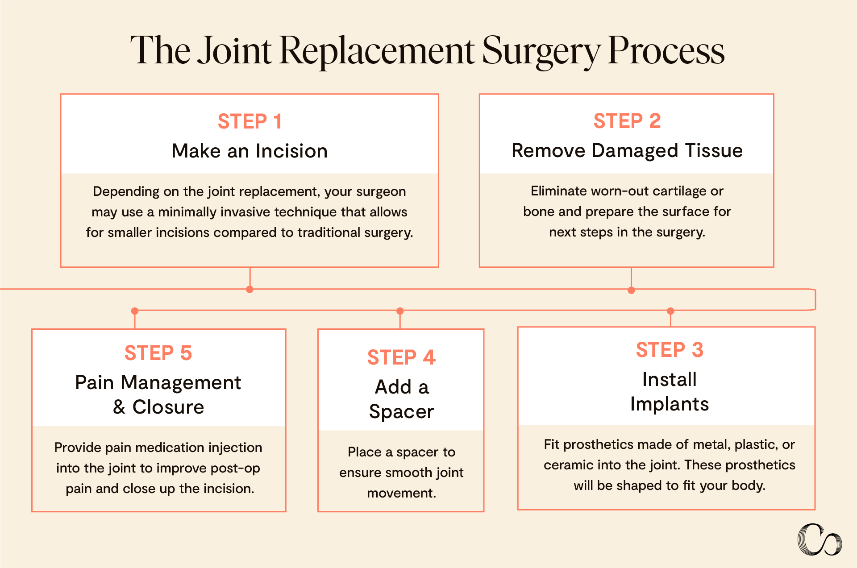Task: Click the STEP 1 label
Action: [x=250, y=121]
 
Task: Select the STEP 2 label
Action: [x=627, y=121]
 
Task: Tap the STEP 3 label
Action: [x=669, y=350]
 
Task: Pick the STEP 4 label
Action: [x=401, y=357]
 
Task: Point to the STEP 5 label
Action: [x=158, y=353]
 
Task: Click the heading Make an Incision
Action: [x=250, y=151]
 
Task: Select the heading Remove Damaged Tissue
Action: [x=627, y=150]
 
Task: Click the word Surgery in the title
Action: [x=541, y=51]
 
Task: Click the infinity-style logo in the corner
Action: [x=820, y=540]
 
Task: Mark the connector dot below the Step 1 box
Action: [x=250, y=290]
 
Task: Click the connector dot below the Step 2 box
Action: [x=631, y=290]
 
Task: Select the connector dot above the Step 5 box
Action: [x=135, y=311]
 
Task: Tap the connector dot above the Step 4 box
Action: [x=400, y=311]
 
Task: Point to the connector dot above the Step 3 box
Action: [x=670, y=311]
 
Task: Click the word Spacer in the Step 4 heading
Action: [x=401, y=411]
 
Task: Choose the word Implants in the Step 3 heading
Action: [x=669, y=404]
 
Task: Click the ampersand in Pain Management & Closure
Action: [x=119, y=407]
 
